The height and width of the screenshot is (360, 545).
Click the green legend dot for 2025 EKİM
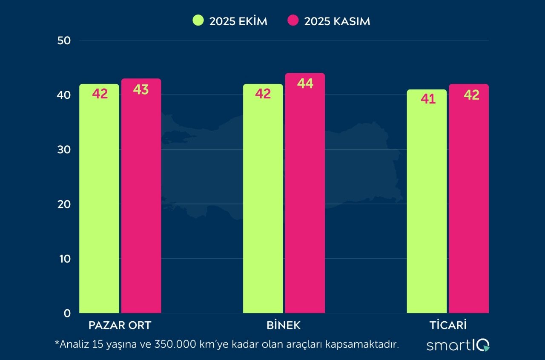(198, 21)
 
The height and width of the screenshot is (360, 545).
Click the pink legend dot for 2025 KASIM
(293, 21)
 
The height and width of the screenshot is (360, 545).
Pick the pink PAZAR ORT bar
(141, 196)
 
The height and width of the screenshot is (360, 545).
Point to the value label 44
(305, 84)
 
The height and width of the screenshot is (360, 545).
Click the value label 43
(141, 89)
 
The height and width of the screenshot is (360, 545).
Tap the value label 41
(428, 100)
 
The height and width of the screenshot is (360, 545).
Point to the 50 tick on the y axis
(63, 40)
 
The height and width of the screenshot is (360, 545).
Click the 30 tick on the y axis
(63, 150)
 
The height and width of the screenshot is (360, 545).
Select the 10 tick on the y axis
(63, 259)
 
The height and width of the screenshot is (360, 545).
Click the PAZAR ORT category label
(120, 325)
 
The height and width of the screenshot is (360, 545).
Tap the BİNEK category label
(284, 325)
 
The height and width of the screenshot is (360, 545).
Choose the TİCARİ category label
(448, 325)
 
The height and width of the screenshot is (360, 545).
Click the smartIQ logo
(458, 345)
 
